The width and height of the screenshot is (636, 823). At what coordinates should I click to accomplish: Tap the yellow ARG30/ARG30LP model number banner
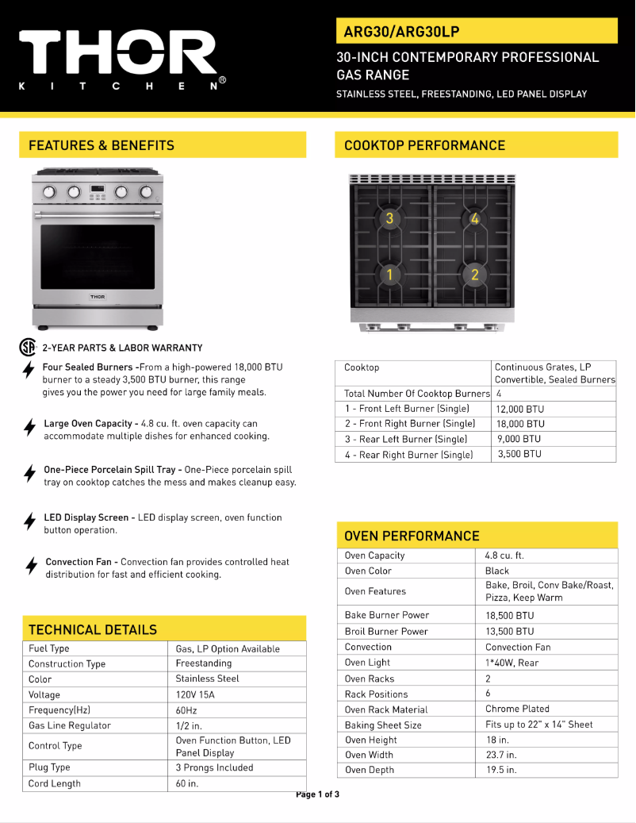click(477, 31)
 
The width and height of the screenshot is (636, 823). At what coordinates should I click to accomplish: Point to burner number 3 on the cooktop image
click(389, 218)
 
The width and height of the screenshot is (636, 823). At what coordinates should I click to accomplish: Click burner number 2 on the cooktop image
click(474, 275)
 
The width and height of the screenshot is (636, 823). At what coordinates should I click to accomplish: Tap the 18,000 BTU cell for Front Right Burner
click(519, 424)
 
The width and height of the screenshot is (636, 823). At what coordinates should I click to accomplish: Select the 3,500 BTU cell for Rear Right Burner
click(519, 455)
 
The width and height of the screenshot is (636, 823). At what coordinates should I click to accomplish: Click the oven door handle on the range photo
click(98, 213)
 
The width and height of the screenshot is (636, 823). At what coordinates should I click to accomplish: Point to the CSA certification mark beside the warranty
click(29, 348)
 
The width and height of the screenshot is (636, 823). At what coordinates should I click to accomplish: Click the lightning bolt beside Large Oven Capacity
click(29, 428)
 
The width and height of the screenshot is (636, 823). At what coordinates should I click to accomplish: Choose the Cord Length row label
click(55, 784)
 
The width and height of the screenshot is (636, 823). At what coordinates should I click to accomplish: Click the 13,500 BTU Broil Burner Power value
click(510, 632)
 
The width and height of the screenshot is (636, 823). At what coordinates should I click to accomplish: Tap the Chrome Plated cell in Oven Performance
click(517, 709)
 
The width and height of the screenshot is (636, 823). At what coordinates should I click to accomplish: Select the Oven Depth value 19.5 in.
click(501, 770)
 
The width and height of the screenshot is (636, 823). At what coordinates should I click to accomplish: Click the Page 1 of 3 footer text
click(317, 794)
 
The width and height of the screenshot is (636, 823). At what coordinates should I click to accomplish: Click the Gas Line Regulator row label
click(70, 725)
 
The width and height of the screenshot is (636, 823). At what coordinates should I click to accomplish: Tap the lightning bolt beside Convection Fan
click(31, 566)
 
